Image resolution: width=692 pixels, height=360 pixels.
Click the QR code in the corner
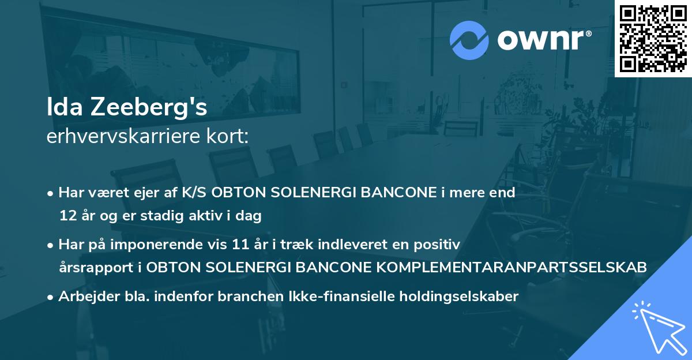coord(653,39)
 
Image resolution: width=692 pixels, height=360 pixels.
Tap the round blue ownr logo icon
coord(469,40)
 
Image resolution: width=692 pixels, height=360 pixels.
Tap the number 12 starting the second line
coord(67,216)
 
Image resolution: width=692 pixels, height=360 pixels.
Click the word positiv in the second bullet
coord(440,244)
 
